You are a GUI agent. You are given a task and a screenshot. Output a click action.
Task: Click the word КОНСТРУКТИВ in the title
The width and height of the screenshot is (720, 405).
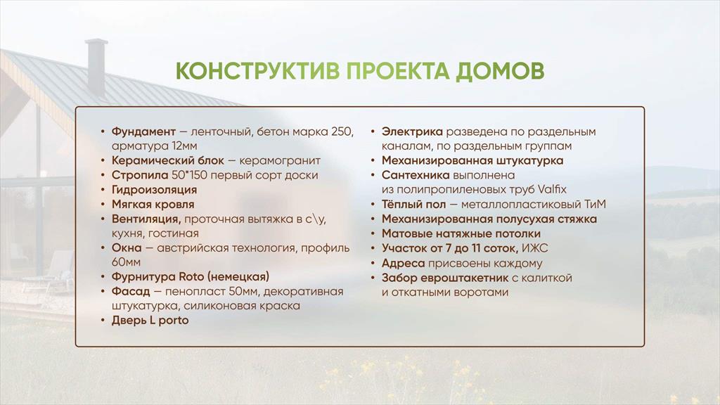[x=258, y=71]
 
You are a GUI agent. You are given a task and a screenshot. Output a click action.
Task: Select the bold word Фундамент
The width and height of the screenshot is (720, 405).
[x=143, y=131]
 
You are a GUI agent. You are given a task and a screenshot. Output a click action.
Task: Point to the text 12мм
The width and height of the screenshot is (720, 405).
[x=185, y=146]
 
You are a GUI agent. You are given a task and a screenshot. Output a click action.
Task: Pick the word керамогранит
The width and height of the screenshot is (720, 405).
[x=280, y=161]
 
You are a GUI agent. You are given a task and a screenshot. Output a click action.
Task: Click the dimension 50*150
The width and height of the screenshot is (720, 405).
[x=188, y=175]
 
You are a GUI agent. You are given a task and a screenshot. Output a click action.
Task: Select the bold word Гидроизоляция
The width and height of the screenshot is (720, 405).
[x=154, y=190]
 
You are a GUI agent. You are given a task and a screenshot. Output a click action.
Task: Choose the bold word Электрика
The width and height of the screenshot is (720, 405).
[x=412, y=131]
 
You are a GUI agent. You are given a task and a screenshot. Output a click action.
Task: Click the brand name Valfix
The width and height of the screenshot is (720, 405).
[x=551, y=190]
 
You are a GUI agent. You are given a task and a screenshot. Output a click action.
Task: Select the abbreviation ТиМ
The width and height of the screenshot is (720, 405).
[x=595, y=205]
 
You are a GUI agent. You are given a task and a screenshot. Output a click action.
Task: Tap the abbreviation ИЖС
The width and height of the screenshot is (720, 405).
[x=535, y=248]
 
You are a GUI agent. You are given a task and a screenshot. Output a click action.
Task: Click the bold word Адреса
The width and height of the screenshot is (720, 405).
[x=403, y=264]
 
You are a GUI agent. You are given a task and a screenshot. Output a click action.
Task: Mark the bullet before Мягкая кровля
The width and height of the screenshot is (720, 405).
[x=103, y=205]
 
